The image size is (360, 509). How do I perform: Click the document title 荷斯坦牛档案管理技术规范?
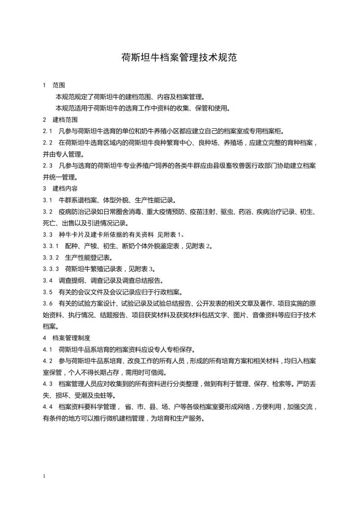179,57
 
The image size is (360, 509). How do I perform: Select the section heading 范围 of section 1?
59,85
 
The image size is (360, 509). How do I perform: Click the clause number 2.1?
48,131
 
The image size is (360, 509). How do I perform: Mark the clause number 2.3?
48,166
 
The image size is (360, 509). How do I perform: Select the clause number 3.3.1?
51,246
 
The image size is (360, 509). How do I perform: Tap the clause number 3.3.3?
51,269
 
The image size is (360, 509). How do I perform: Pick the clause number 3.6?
48,303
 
